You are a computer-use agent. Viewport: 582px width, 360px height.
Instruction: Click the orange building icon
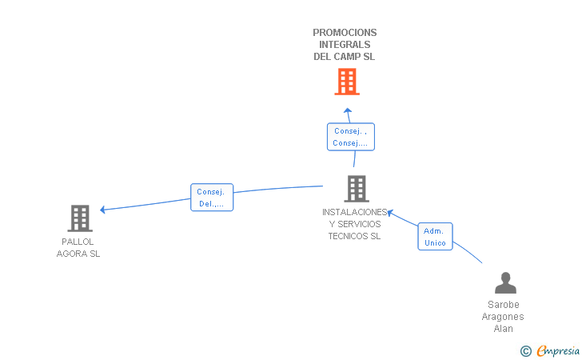coord(347,82)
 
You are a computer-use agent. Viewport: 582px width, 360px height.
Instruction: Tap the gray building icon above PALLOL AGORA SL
coord(80,218)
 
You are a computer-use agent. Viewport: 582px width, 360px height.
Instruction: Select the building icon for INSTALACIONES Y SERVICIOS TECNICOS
coord(357,188)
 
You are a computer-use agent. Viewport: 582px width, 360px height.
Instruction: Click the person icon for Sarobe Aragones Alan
coord(505,282)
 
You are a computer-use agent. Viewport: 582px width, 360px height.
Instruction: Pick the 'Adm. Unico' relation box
coord(435,237)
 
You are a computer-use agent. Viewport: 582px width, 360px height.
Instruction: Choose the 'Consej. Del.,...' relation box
coord(212,198)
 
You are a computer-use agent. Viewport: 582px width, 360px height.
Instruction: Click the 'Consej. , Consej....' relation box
coord(351,137)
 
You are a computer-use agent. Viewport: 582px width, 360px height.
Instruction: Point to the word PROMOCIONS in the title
coord(345,33)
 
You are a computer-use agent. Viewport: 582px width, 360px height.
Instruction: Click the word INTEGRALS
coord(345,45)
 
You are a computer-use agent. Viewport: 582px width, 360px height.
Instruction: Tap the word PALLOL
coord(78,242)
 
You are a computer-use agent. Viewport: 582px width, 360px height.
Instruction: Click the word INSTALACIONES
coord(354,212)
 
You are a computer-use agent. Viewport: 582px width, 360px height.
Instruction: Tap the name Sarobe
coord(504,305)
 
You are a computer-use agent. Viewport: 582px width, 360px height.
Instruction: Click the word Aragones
coord(503,317)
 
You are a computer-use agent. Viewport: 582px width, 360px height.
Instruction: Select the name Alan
coord(504,329)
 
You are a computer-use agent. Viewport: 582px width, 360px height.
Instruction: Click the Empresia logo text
coord(558,350)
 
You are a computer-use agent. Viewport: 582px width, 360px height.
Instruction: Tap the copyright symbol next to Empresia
coord(526,351)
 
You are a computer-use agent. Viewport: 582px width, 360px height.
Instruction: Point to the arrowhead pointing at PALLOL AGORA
coord(103,210)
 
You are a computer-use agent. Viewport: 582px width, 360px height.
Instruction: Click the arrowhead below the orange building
coord(348,110)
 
